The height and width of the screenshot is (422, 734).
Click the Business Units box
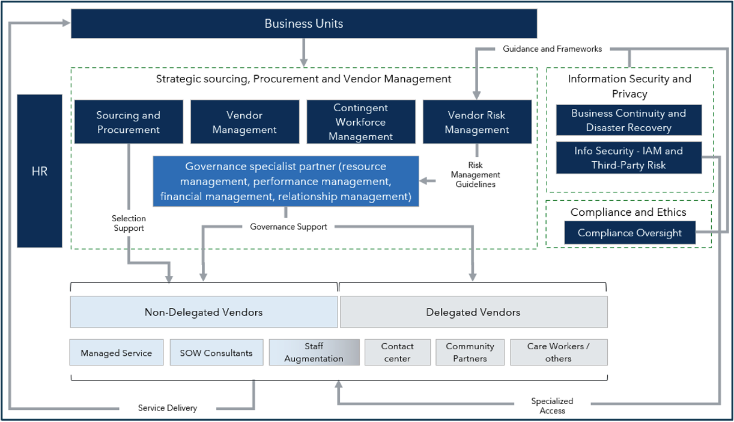click(x=304, y=24)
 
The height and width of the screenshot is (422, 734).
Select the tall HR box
click(x=40, y=171)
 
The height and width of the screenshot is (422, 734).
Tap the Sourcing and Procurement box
click(x=129, y=122)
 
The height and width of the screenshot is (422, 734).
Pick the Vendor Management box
click(x=244, y=122)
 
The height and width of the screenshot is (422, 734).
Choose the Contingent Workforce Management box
click(x=361, y=122)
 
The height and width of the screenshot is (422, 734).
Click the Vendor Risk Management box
click(x=477, y=122)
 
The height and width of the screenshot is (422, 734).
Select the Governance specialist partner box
click(x=286, y=182)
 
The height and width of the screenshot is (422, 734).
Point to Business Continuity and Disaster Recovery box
click(x=628, y=120)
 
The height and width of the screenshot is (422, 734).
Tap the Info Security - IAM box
click(x=628, y=158)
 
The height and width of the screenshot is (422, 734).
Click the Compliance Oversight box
click(x=629, y=233)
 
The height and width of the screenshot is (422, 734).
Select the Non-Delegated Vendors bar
click(x=204, y=312)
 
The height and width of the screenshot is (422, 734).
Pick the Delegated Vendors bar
click(x=473, y=312)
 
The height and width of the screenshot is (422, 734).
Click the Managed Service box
click(x=117, y=353)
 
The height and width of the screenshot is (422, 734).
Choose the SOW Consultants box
click(x=216, y=353)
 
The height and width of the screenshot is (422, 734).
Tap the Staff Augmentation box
click(x=314, y=353)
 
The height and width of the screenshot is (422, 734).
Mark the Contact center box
click(x=397, y=353)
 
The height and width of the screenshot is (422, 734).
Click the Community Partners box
click(x=470, y=353)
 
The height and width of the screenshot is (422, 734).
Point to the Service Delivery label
click(x=168, y=408)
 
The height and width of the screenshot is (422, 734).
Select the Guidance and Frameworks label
click(x=552, y=49)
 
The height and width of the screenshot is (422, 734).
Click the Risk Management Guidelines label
click(x=475, y=175)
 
